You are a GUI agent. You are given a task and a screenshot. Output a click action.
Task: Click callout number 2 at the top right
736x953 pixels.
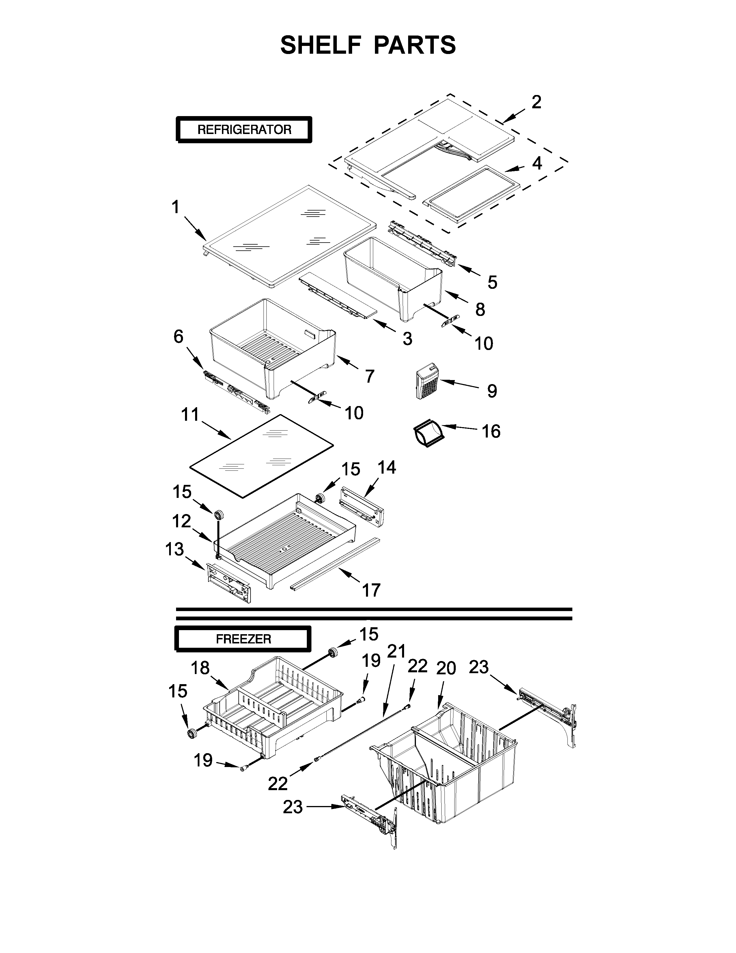pyautogui.click(x=536, y=102)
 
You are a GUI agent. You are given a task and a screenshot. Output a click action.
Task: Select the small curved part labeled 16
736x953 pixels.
pyautogui.click(x=428, y=432)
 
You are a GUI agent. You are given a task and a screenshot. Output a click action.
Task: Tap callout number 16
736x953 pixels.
pyautogui.click(x=491, y=431)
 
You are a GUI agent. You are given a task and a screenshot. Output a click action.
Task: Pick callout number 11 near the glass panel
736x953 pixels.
pyautogui.click(x=190, y=414)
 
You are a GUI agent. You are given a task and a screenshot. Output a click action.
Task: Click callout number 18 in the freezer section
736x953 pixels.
pyautogui.click(x=200, y=668)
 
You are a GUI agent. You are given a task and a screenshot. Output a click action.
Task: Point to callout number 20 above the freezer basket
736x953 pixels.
pyautogui.click(x=446, y=668)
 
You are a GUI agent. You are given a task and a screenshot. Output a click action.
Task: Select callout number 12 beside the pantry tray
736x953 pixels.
pyautogui.click(x=181, y=521)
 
